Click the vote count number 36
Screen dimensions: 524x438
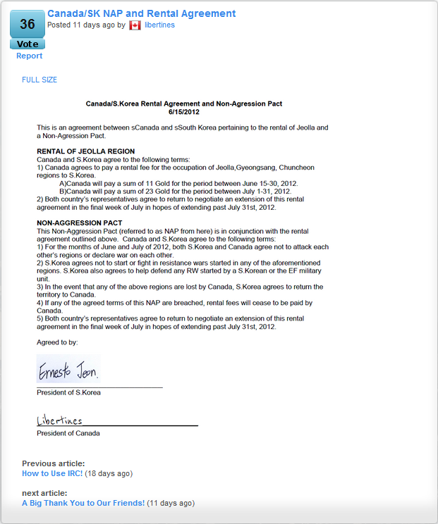click(x=28, y=25)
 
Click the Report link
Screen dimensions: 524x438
click(x=29, y=56)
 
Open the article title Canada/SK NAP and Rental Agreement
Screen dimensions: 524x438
click(x=141, y=13)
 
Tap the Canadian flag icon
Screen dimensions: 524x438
click(x=135, y=25)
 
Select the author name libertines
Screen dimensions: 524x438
click(x=159, y=25)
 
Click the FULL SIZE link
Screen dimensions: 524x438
click(x=39, y=80)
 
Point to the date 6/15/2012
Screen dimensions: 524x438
click(x=184, y=112)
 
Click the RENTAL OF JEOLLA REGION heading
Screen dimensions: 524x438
click(x=85, y=151)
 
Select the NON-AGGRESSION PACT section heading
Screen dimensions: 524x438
click(x=79, y=223)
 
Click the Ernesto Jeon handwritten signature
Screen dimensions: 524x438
click(x=68, y=370)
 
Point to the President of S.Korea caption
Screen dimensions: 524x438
click(x=68, y=392)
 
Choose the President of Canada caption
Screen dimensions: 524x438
click(x=68, y=433)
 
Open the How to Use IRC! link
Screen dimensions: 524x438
click(x=52, y=473)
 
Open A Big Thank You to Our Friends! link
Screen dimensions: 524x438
click(x=83, y=503)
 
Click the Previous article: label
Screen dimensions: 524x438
click(x=54, y=463)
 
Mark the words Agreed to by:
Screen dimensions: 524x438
click(x=57, y=342)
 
